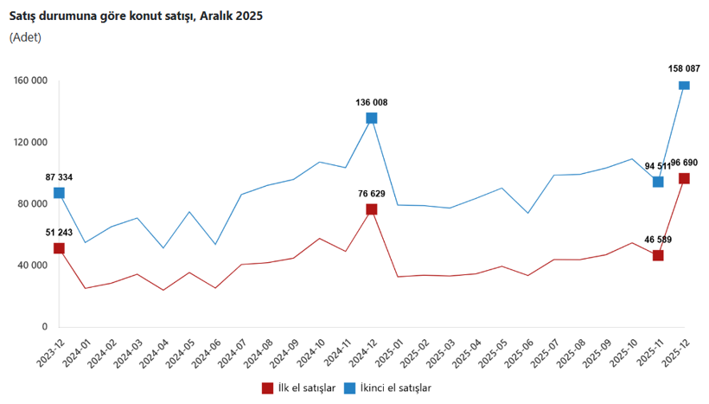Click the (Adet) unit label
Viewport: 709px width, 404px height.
(26, 37)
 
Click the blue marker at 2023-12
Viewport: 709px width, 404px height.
(59, 193)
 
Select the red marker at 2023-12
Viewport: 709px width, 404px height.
(59, 248)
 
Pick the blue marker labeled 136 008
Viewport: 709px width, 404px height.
(372, 118)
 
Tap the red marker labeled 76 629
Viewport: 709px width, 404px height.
(372, 209)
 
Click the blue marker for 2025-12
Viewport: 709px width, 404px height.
(684, 85)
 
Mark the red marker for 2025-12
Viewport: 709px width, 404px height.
(684, 178)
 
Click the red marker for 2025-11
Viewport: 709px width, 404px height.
(658, 255)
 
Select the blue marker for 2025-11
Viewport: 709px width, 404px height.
(658, 182)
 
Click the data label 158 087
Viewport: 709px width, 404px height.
(684, 67)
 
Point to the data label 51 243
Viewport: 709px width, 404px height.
(59, 232)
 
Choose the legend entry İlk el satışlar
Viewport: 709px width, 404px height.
(297, 388)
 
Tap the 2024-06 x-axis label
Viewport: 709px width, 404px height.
(207, 355)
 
